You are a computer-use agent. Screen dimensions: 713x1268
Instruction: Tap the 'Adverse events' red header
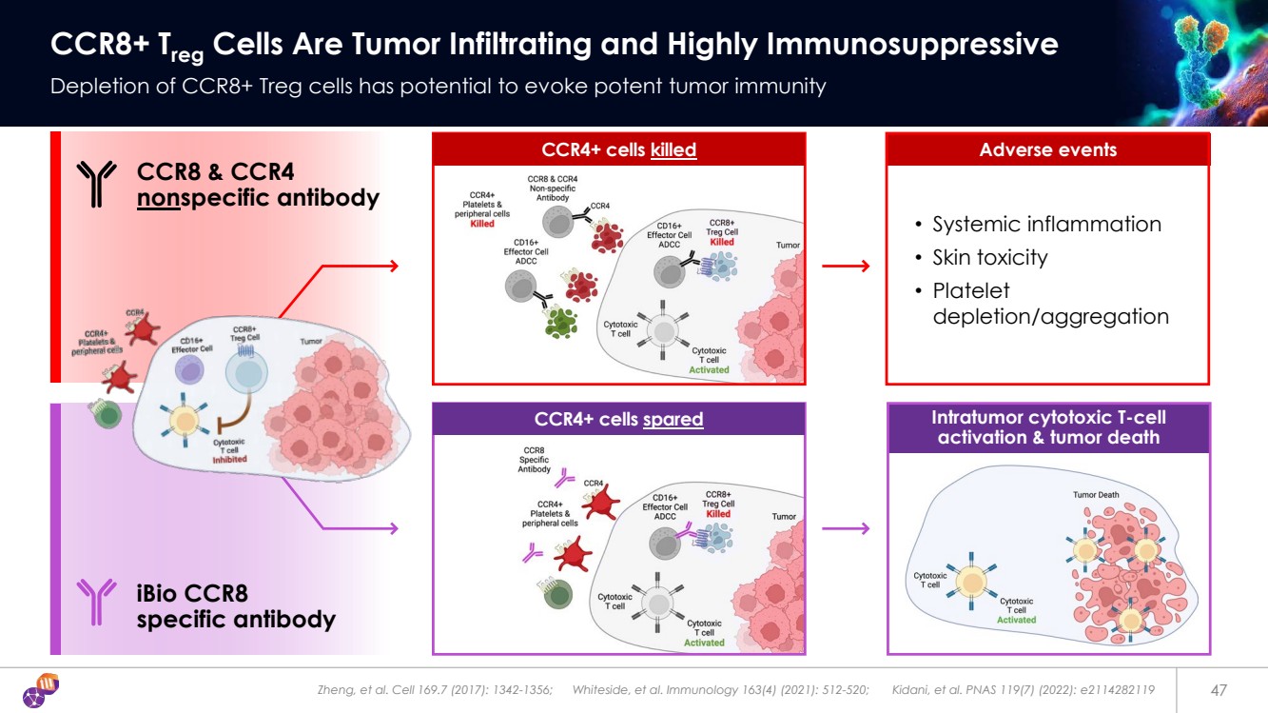1047,150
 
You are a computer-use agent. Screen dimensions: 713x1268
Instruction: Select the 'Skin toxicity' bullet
989,257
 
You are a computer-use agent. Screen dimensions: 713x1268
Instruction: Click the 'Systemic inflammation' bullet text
1046,225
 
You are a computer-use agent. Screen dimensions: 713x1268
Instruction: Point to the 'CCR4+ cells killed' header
618,150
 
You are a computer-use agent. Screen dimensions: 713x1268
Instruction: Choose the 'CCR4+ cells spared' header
618,419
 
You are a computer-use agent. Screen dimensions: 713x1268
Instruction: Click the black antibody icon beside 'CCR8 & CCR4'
96,184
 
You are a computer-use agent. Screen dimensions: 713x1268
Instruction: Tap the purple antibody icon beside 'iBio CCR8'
96,603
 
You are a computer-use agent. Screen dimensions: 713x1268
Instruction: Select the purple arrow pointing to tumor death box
846,528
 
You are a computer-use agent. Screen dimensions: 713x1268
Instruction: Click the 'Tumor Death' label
1096,495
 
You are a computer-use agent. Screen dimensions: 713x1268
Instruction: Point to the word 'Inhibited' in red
229,460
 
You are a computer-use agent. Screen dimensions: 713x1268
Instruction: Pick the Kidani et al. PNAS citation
1024,689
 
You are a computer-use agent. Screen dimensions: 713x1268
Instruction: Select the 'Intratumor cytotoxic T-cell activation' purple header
1047,427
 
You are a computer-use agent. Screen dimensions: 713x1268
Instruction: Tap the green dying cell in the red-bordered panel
561,321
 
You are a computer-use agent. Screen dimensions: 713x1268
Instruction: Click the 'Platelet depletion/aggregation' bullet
1050,304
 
